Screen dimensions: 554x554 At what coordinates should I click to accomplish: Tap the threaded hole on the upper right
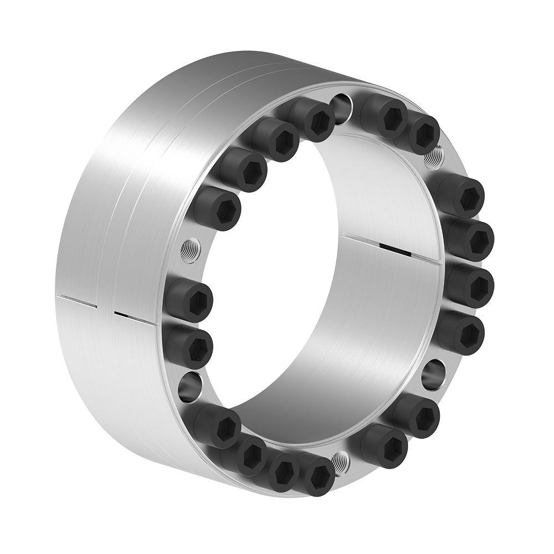[434, 156]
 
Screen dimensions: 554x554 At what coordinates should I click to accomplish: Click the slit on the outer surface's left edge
[78, 302]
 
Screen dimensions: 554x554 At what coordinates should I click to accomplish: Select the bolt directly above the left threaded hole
[218, 208]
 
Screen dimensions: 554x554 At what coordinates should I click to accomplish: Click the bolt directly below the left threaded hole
[188, 300]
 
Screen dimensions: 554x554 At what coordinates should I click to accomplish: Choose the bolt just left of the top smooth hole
[312, 119]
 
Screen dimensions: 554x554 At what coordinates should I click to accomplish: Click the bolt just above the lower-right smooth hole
[461, 332]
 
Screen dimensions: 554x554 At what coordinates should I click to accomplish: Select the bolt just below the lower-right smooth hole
[417, 415]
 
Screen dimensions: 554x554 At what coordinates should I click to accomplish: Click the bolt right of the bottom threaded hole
[384, 445]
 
